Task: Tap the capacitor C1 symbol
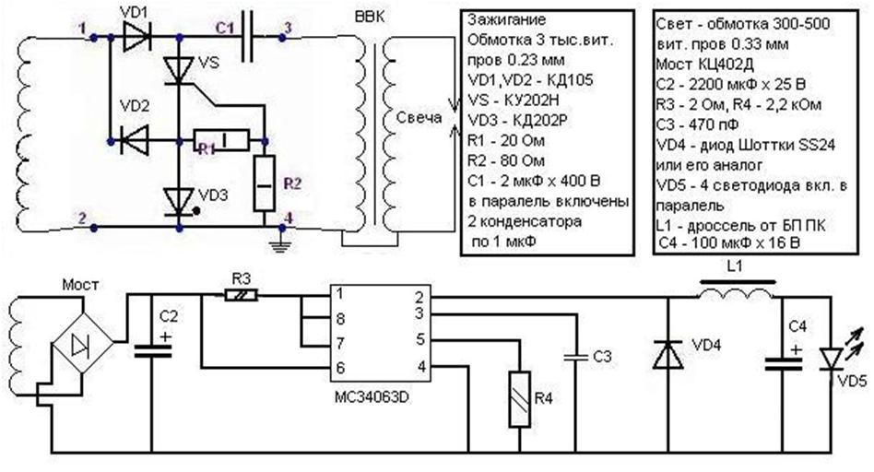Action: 247,38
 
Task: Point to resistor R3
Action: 242,295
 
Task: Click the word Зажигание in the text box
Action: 508,19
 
